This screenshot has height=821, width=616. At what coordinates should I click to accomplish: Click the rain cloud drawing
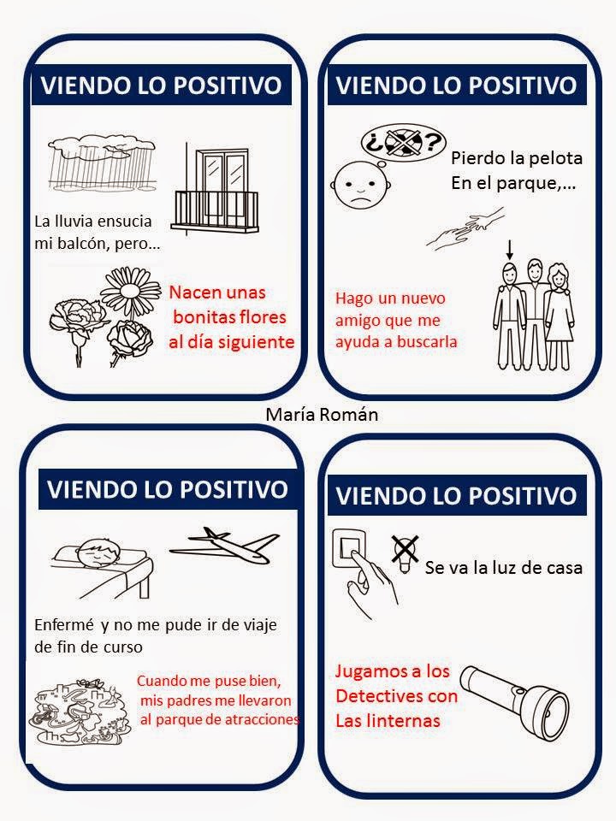click(x=102, y=162)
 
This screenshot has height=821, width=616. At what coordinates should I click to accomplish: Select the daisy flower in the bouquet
click(x=130, y=291)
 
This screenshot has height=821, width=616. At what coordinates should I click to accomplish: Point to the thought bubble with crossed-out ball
click(x=402, y=143)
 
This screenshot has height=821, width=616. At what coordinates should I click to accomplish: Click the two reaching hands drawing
click(x=465, y=227)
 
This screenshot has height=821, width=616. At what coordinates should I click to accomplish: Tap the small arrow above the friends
click(x=510, y=251)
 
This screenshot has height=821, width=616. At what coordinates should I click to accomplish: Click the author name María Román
click(x=322, y=415)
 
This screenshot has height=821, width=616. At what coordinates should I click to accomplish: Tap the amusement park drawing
click(x=79, y=712)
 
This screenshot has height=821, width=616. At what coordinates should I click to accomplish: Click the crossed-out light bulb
click(x=406, y=553)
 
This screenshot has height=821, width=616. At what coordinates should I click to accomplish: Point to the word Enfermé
click(x=64, y=624)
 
